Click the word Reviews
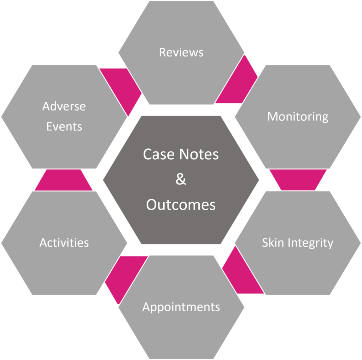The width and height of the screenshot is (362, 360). point(181,52)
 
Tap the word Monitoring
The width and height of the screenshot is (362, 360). point(298,116)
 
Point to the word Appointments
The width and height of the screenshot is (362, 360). point(181,307)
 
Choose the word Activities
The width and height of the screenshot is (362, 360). point(64,243)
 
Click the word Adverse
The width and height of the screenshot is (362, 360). point(64,106)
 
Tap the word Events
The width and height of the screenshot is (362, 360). point(64,126)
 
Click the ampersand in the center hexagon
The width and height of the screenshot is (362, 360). point(181,179)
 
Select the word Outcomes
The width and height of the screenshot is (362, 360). point(181,205)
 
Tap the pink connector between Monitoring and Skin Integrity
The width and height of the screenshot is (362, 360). point(298,179)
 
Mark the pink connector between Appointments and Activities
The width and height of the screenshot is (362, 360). point(124,276)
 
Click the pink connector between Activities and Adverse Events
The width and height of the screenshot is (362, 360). point(64,180)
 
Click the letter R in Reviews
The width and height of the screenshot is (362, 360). point(162,52)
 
